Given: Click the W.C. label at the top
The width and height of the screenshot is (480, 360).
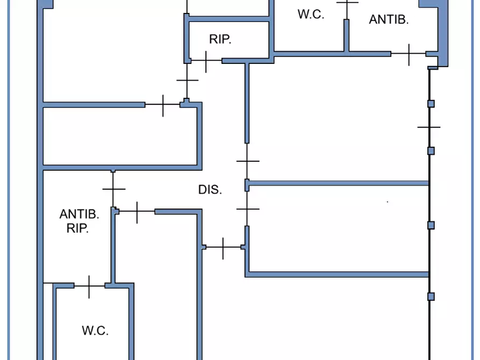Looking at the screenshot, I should (311, 15).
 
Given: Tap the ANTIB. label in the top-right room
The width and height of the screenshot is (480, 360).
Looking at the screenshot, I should (389, 20).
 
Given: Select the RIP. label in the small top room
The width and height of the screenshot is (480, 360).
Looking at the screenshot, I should (220, 39).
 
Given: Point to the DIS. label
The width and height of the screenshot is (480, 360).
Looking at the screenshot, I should (210, 190).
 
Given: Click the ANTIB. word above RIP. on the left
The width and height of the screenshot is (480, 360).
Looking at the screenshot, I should (79, 214).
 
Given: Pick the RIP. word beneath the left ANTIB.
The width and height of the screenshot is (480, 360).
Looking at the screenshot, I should (77, 228).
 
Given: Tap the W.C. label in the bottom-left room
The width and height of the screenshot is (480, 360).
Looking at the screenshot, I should (95, 331).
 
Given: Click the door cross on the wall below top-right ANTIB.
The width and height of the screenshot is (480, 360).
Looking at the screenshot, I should (409, 54).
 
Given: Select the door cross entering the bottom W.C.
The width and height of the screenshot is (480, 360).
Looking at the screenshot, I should (89, 286).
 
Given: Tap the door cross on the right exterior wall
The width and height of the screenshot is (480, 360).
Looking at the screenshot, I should (429, 127).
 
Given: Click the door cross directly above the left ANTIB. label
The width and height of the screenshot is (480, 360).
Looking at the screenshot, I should (113, 189).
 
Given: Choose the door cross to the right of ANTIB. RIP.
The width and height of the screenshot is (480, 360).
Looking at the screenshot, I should (137, 212).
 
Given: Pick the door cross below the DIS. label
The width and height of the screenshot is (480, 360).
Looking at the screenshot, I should (223, 247).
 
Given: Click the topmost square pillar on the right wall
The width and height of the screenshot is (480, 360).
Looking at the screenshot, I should (431, 104).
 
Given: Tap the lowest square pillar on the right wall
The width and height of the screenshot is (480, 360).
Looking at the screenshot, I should (431, 297).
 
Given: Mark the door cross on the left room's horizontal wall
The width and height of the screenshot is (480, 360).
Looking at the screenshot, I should (163, 105).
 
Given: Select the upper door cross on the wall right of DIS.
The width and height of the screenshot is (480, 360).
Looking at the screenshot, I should (247, 161).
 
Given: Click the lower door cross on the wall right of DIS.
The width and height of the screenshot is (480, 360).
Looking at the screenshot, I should (247, 208).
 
